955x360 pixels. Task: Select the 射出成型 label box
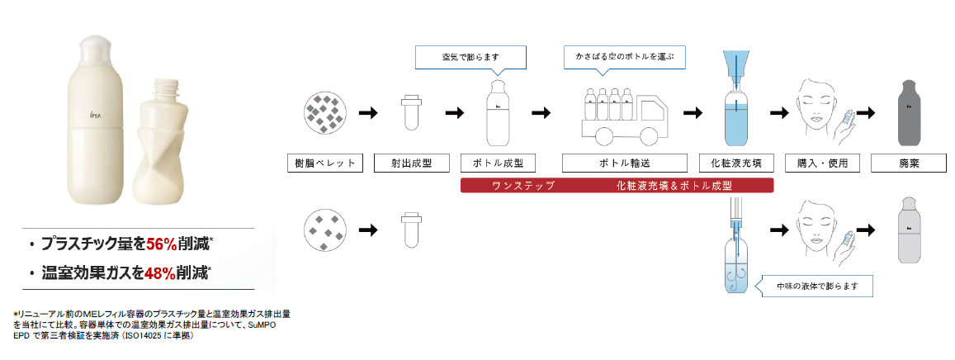(408, 163)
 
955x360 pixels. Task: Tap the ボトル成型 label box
(499, 163)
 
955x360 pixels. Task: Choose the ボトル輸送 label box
(623, 163)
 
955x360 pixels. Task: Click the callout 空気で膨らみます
(470, 58)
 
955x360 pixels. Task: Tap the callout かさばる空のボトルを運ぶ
(625, 58)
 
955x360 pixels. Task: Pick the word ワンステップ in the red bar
(522, 185)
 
